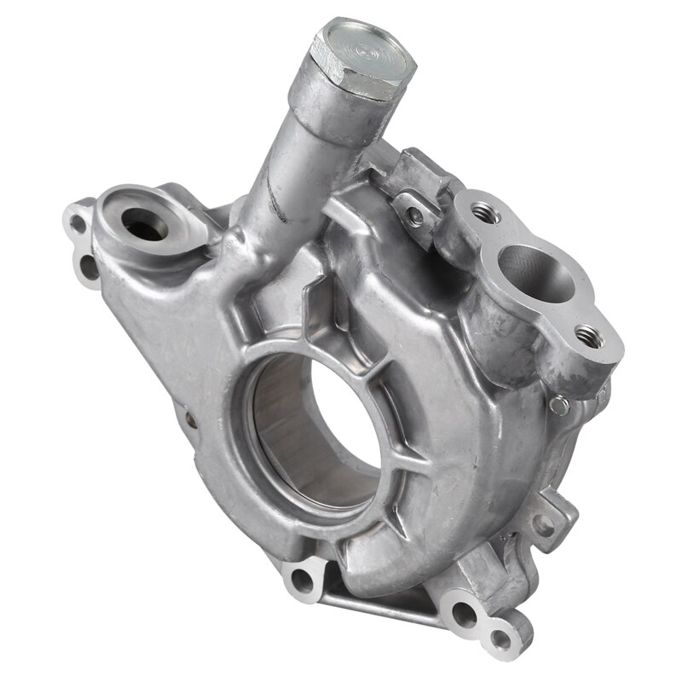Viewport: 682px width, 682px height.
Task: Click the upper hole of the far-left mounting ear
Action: click(x=78, y=224)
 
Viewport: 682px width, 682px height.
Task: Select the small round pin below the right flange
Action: click(x=558, y=401)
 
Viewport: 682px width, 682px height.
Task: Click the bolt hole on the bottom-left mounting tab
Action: click(x=301, y=583)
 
